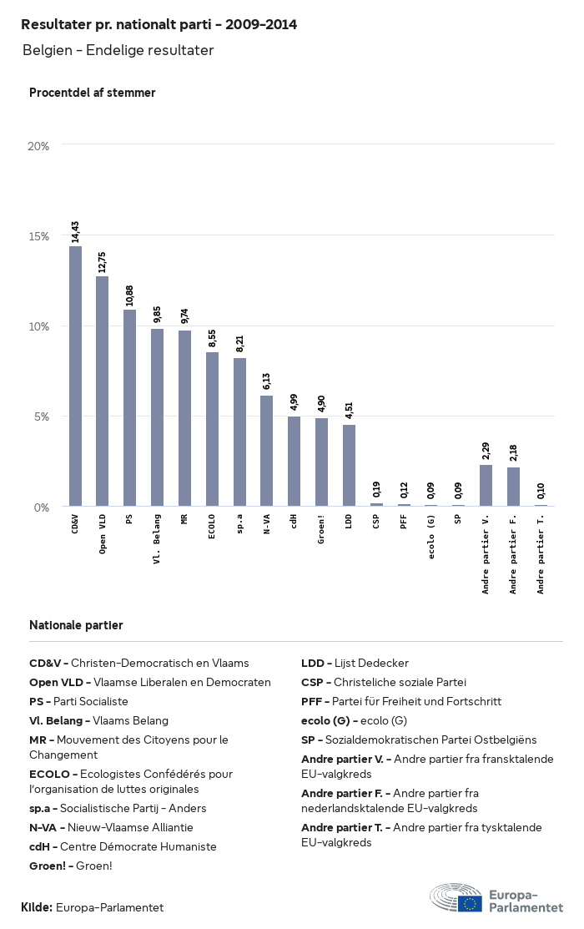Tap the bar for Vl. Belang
pos(157,417)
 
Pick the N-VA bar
pos(266,451)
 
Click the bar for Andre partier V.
pos(486,485)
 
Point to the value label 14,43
pos(75,231)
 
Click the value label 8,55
pos(212,338)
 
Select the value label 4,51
pos(349,411)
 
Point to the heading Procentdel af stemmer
pos(92,93)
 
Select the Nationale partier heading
pos(76,625)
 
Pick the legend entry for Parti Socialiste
pos(78,702)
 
